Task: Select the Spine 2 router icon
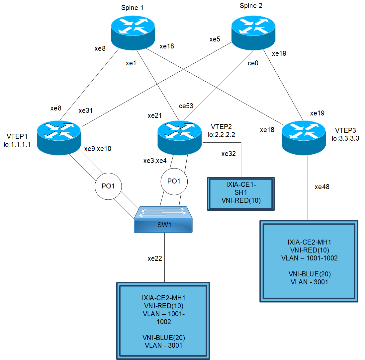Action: coord(253,33)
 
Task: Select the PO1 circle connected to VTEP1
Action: coord(108,186)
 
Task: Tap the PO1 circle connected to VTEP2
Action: coord(174,181)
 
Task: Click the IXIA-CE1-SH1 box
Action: coord(241,194)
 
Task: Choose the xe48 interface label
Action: coord(322,187)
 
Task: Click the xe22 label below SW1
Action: coord(155,258)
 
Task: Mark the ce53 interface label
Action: coord(186,106)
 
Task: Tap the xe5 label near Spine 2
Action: coord(215,39)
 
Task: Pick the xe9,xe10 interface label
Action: coord(97,149)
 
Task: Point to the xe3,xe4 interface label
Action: coord(155,161)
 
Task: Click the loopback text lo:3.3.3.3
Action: coord(345,139)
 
